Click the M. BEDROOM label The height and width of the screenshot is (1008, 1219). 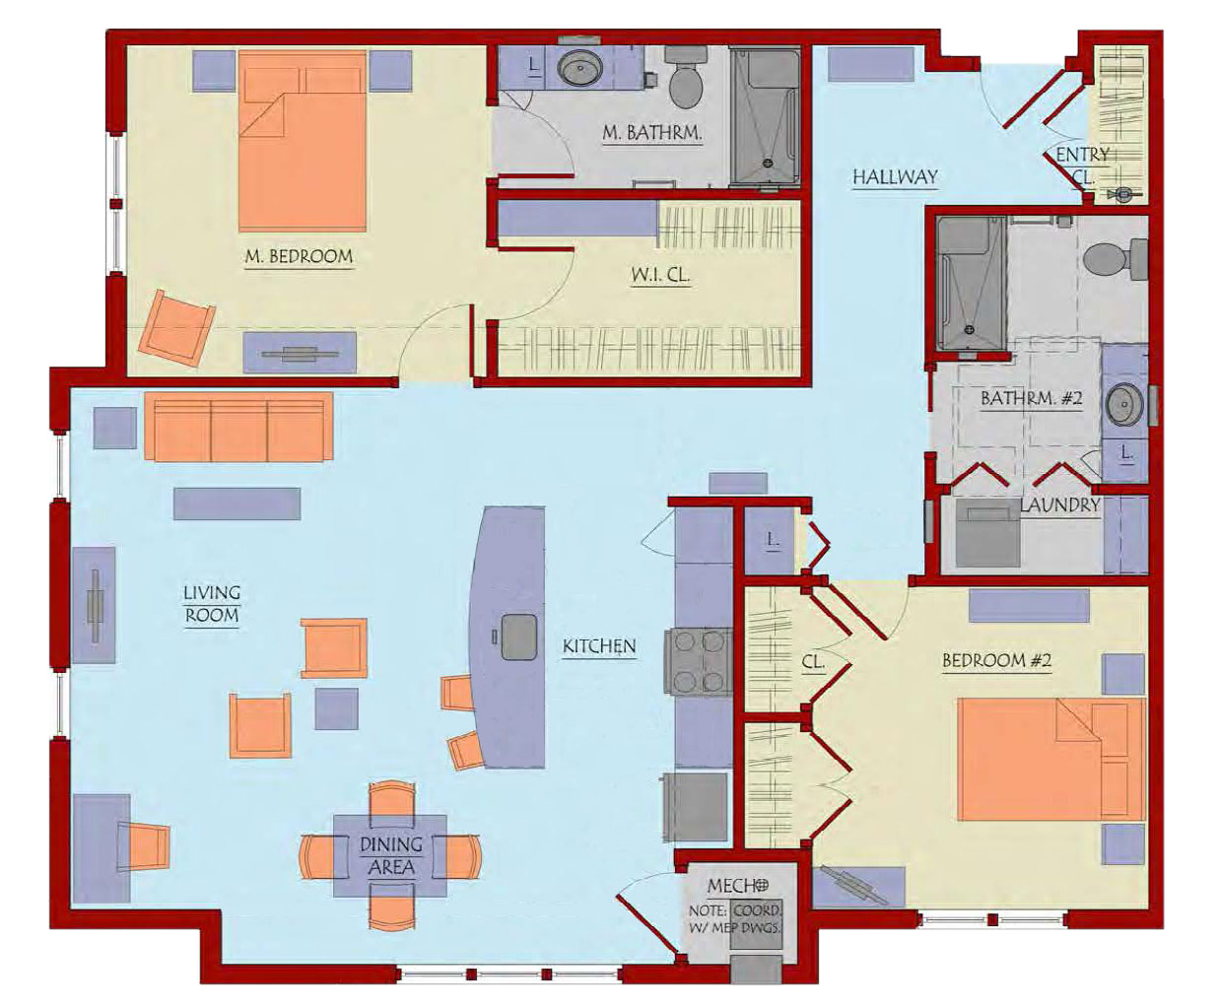[299, 256]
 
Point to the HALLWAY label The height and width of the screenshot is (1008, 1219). [895, 176]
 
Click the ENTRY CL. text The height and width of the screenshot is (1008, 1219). [1083, 166]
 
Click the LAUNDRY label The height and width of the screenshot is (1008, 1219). [1059, 504]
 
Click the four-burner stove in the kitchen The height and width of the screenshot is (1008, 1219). [699, 661]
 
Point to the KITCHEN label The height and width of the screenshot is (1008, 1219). [599, 646]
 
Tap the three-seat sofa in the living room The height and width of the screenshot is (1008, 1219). [238, 427]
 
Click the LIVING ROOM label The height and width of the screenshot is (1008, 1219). [211, 603]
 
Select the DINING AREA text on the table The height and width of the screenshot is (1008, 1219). [391, 855]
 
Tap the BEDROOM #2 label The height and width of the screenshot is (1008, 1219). [996, 660]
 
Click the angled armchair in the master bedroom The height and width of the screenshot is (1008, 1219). [176, 328]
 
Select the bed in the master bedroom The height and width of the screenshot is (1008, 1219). [303, 141]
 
